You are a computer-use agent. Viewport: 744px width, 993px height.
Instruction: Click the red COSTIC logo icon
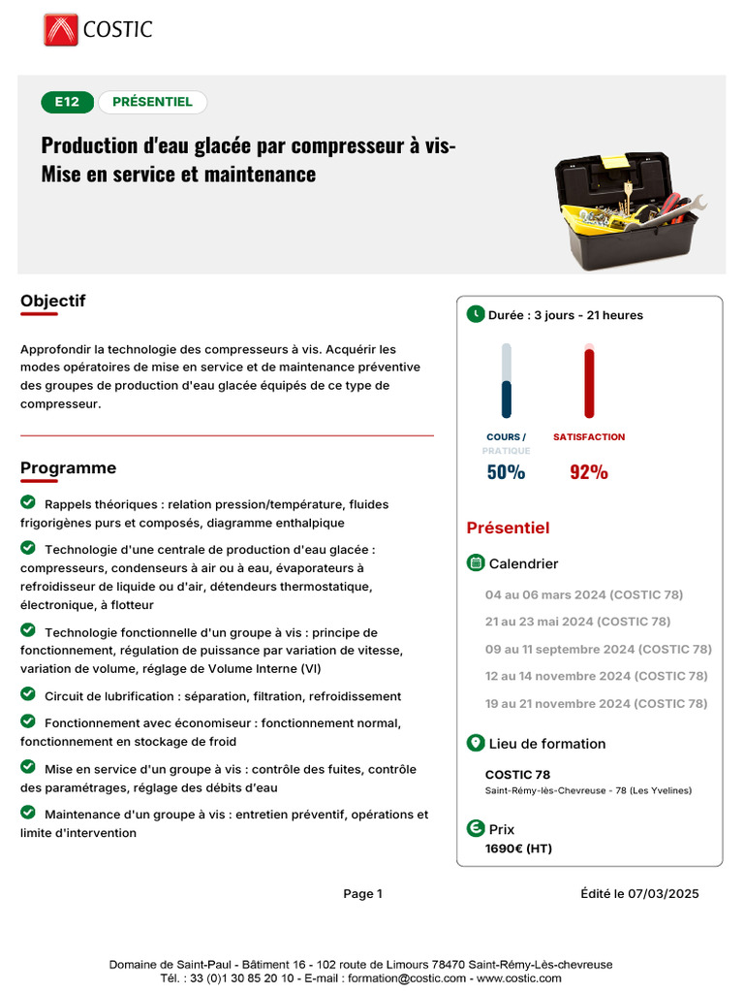(x=60, y=29)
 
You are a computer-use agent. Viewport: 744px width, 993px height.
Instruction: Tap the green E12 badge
(x=67, y=102)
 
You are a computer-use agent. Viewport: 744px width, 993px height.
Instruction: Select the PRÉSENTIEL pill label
(x=152, y=102)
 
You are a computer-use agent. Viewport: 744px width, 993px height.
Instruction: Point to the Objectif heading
(x=52, y=301)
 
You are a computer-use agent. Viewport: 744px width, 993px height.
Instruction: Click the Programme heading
(x=68, y=468)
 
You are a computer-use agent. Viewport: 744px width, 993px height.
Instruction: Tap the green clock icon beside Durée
(x=476, y=314)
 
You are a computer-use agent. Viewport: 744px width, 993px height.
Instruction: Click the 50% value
(x=506, y=472)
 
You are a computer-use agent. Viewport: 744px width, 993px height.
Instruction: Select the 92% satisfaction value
(x=589, y=472)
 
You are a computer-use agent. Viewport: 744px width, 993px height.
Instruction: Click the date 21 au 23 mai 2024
(x=577, y=622)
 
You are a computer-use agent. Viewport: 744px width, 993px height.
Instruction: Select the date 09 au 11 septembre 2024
(x=598, y=649)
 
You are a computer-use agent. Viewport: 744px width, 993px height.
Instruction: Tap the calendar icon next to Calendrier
(x=476, y=562)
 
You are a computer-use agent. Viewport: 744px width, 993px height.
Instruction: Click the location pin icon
(x=476, y=743)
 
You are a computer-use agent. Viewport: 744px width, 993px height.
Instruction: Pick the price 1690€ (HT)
(x=518, y=849)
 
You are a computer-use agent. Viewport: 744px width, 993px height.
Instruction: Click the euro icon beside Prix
(x=476, y=828)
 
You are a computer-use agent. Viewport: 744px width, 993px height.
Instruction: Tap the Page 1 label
(x=363, y=894)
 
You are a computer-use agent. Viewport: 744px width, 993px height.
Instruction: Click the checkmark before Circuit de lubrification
(x=28, y=695)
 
